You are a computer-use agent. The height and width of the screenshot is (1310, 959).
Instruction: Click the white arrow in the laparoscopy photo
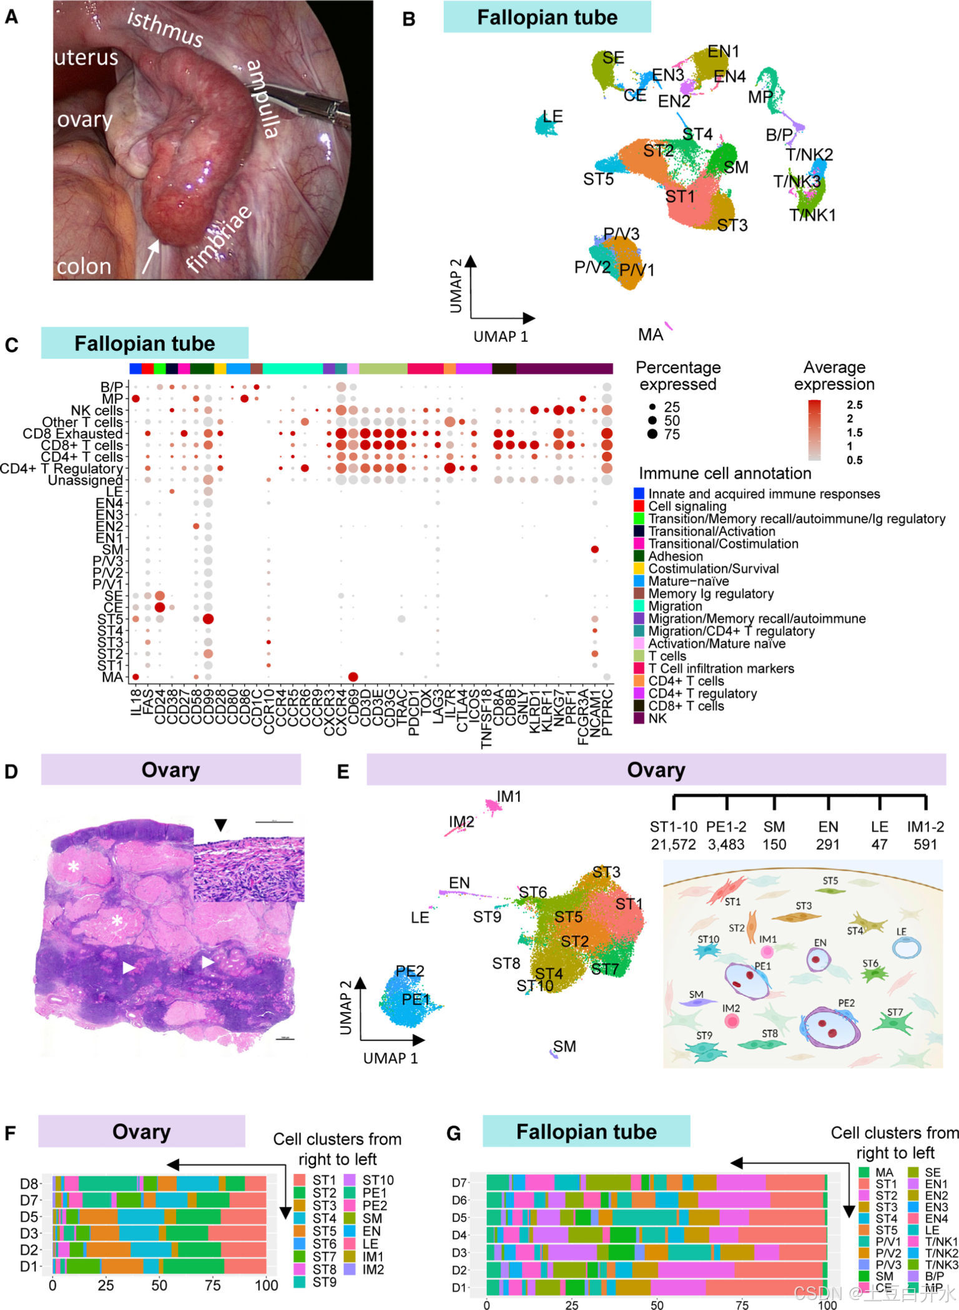click(x=150, y=255)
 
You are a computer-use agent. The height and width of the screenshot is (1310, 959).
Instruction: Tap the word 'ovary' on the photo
click(x=84, y=119)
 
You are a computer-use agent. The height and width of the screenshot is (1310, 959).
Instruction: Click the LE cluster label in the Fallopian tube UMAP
click(x=553, y=116)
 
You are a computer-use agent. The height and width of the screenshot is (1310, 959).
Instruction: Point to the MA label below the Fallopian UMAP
click(x=650, y=335)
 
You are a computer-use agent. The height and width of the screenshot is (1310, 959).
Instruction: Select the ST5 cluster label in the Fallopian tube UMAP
click(x=598, y=179)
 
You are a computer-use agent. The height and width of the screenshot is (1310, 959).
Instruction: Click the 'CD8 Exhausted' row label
click(x=72, y=434)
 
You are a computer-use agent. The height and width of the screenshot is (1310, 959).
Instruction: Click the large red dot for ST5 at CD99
click(x=208, y=619)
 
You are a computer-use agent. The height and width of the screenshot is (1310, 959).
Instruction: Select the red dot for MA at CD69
click(x=353, y=677)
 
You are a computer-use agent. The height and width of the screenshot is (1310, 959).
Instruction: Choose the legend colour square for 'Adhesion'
click(x=639, y=556)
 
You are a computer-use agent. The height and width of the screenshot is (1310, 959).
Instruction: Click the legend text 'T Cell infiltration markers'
click(x=721, y=668)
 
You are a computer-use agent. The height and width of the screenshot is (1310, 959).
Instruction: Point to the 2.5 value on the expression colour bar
click(x=855, y=405)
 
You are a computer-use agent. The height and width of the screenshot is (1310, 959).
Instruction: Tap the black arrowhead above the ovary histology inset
click(x=220, y=825)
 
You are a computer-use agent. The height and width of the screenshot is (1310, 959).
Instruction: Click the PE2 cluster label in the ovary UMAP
click(x=410, y=971)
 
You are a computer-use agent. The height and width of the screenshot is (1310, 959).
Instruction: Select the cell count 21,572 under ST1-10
click(x=673, y=844)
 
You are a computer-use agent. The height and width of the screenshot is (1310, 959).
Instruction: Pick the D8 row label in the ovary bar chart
click(x=29, y=1184)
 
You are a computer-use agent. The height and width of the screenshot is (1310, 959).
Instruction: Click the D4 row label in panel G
click(x=460, y=1234)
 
